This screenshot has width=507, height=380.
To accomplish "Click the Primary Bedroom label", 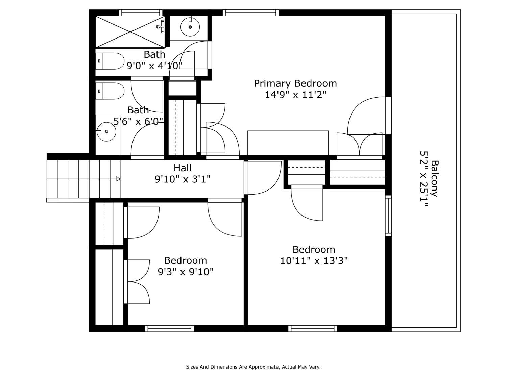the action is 295,84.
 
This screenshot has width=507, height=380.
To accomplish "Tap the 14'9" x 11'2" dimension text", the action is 295,95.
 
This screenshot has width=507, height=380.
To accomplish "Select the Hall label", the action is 183,168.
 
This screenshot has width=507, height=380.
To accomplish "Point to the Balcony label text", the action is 435,178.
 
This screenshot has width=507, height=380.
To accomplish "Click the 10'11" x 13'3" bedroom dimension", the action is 314,261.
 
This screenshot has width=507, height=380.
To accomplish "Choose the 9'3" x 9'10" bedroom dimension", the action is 186,272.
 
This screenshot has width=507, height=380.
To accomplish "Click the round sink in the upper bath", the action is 190,27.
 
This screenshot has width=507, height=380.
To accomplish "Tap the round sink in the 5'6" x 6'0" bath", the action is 106,131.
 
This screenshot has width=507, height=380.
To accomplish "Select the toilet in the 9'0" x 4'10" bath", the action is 110,61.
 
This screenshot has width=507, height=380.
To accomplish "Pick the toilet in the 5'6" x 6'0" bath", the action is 110,91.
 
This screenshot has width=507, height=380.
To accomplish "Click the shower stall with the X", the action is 130,32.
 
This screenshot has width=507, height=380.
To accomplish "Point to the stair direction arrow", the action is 118,179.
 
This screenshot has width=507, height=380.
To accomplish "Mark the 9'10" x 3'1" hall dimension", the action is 183,179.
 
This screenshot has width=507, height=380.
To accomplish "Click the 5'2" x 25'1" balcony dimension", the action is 424,178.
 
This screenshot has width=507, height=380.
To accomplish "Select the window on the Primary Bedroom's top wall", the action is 250,13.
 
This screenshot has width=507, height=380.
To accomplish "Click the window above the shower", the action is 141,13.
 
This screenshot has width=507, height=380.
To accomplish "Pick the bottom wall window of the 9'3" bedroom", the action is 169,328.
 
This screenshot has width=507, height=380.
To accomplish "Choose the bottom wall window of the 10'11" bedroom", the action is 313,328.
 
